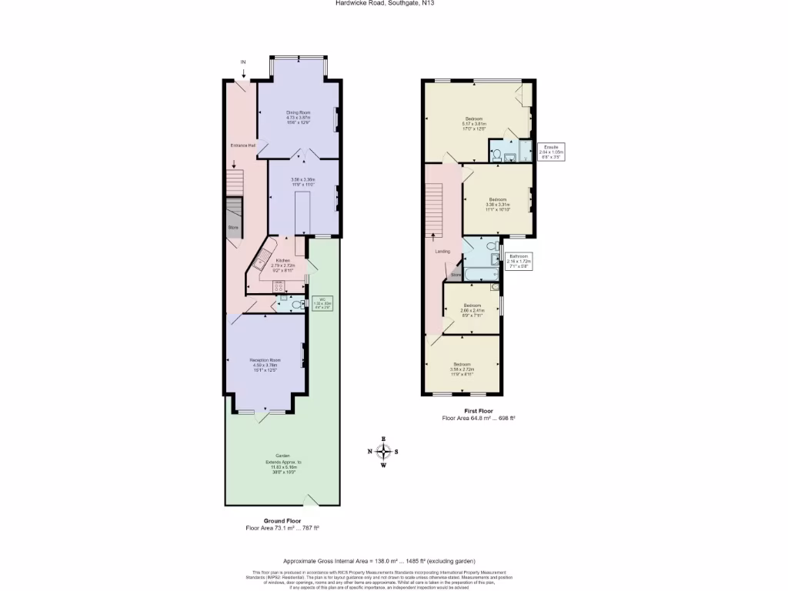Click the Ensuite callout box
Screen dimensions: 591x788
551,150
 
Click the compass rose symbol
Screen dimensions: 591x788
384,452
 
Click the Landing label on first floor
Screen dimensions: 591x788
442,251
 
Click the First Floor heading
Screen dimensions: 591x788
478,411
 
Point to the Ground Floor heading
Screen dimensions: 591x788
282,521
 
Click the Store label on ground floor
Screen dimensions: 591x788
233,228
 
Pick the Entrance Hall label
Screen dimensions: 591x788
242,145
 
